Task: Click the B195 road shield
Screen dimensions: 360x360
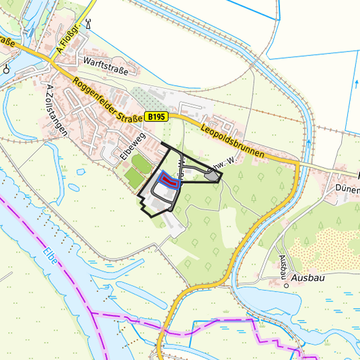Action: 156,117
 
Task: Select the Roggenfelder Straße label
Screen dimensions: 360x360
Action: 107,100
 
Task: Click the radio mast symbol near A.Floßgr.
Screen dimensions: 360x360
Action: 88,24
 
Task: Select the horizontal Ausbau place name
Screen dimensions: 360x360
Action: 307,277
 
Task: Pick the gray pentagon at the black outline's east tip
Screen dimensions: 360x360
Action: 213,176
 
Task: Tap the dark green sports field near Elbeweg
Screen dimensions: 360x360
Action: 141,162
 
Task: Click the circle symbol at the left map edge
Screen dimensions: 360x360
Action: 6,68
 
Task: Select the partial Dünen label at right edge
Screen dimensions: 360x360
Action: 348,189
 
